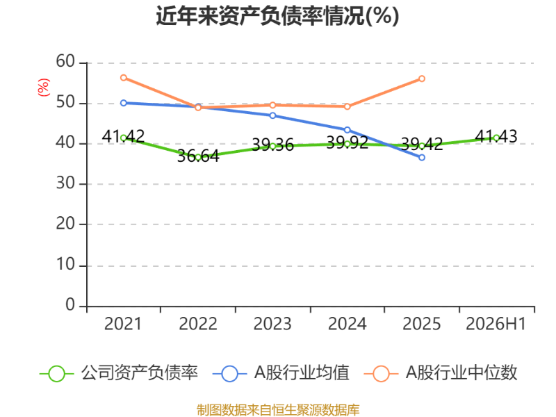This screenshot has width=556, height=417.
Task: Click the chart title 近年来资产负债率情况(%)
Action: click(277, 16)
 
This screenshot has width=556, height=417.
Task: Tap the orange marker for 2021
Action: click(124, 78)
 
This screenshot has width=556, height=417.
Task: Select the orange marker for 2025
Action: click(422, 79)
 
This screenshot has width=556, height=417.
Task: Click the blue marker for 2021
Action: click(124, 103)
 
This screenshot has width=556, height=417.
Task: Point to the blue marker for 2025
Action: click(422, 158)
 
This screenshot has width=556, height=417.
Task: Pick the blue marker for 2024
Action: click(347, 130)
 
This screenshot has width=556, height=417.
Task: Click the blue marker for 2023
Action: click(272, 115)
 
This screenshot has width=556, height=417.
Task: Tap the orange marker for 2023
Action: click(272, 105)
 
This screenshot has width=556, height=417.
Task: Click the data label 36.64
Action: click(198, 156)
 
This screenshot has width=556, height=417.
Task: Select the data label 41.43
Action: click(496, 136)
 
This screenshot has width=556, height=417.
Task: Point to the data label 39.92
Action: click(347, 142)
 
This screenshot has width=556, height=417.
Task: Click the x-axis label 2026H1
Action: click(496, 324)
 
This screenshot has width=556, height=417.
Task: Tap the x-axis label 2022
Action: click(198, 324)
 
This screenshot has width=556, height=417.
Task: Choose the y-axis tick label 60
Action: click(65, 61)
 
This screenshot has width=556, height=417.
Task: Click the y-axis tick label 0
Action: click(70, 304)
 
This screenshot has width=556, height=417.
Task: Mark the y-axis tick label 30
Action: click(65, 183)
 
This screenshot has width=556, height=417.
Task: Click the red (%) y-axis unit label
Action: click(44, 88)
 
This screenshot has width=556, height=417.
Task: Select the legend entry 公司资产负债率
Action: click(118, 373)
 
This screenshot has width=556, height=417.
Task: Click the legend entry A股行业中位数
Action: click(441, 373)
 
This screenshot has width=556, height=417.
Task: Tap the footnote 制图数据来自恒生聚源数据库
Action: click(278, 410)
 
